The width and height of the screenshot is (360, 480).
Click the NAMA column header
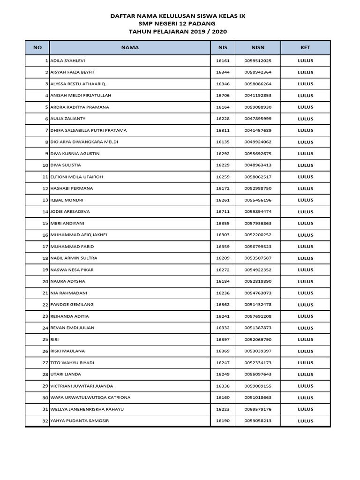coord(130,47)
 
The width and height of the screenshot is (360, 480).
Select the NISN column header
coord(258,47)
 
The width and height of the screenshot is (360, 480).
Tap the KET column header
coord(305,47)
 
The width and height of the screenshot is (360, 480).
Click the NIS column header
coord(223,47)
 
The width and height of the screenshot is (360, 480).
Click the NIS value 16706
coord(223,96)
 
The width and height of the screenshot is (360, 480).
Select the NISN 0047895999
coord(258,119)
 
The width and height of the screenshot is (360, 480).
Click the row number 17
coord(45,247)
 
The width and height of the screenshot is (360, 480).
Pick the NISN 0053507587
coord(258,258)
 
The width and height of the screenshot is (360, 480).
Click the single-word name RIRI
coord(54,339)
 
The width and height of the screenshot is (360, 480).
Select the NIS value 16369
coord(223,351)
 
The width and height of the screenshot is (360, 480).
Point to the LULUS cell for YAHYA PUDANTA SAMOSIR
coord(305,421)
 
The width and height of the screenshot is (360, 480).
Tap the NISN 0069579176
coord(258,409)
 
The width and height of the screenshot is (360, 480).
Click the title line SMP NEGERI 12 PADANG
coord(177,23)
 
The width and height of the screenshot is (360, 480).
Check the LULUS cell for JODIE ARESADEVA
coord(305,212)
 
